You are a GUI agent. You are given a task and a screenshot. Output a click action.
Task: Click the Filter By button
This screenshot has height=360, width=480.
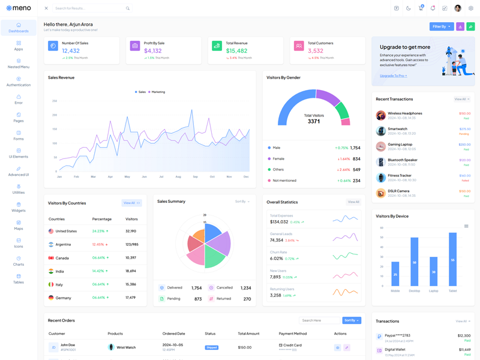pyautogui.click(x=442, y=26)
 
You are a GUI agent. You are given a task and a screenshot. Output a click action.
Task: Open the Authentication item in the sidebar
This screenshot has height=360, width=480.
pyautogui.click(x=19, y=82)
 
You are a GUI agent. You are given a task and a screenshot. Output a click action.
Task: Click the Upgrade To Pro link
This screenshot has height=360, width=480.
pyautogui.click(x=393, y=76)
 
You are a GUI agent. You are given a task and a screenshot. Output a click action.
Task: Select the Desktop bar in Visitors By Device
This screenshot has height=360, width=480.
pyautogui.click(x=414, y=262)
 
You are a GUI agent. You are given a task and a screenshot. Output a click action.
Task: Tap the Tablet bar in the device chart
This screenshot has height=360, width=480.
pyautogui.click(x=452, y=259)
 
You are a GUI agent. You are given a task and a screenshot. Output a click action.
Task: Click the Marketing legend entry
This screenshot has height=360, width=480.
pyautogui.click(x=157, y=92)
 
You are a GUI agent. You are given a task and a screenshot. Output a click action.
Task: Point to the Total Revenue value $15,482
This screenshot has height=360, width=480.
pyautogui.click(x=236, y=51)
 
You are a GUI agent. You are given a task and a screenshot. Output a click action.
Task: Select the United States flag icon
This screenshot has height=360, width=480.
pyautogui.click(x=51, y=231)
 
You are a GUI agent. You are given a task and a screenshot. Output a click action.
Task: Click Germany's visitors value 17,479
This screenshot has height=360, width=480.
pyautogui.click(x=131, y=298)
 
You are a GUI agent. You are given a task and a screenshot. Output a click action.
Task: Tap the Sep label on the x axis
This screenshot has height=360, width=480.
pyautogui.click(x=195, y=176)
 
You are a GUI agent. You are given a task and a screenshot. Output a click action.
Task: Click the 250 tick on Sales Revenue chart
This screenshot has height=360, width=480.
pyautogui.click(x=55, y=101)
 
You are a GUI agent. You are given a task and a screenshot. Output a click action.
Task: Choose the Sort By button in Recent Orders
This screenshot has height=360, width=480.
pyautogui.click(x=352, y=320)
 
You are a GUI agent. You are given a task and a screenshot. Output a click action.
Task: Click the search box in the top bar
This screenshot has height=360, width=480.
pyautogui.click(x=90, y=8)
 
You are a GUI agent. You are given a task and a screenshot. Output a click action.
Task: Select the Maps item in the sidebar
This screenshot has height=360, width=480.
pyautogui.click(x=19, y=225)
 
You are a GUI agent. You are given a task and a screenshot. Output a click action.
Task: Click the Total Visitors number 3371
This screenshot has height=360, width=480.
pyautogui.click(x=314, y=121)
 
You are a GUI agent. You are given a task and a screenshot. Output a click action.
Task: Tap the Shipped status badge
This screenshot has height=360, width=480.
pyautogui.click(x=211, y=347)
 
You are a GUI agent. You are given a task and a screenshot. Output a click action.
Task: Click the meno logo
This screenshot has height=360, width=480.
pyautogui.click(x=19, y=8)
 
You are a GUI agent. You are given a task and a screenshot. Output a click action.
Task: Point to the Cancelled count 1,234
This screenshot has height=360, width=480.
pyautogui.click(x=245, y=288)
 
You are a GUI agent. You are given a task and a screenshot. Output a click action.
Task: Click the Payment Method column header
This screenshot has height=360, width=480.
pyautogui.click(x=293, y=334)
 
